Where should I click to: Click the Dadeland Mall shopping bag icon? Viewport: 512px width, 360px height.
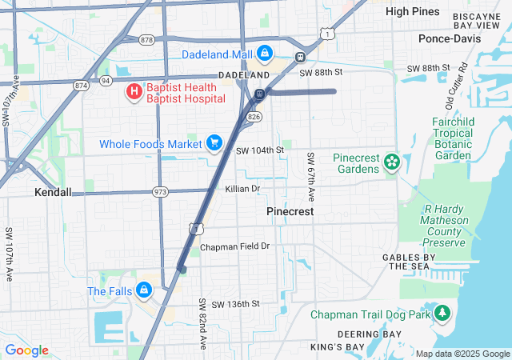click(265, 54)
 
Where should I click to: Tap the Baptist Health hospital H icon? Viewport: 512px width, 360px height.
click(134, 92)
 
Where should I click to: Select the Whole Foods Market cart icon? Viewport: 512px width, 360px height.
click(214, 143)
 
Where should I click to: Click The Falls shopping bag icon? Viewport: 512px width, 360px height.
click(144, 290)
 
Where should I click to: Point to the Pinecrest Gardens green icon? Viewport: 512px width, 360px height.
click(392, 163)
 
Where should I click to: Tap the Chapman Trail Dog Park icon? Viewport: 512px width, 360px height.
click(441, 314)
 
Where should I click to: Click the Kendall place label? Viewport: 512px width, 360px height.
click(53, 193)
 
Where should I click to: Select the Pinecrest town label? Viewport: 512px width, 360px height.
click(290, 212)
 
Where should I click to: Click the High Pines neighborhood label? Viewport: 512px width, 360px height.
click(413, 11)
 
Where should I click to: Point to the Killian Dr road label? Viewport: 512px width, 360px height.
click(242, 189)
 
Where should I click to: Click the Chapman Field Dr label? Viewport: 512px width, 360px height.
click(235, 246)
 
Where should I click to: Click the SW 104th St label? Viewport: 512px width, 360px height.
click(259, 150)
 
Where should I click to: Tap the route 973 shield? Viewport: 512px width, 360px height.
click(161, 192)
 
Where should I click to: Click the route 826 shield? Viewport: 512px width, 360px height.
click(254, 117)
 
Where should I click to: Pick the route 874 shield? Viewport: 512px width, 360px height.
click(82, 83)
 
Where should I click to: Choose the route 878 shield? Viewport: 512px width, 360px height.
click(146, 39)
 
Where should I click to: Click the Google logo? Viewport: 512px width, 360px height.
click(27, 350)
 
